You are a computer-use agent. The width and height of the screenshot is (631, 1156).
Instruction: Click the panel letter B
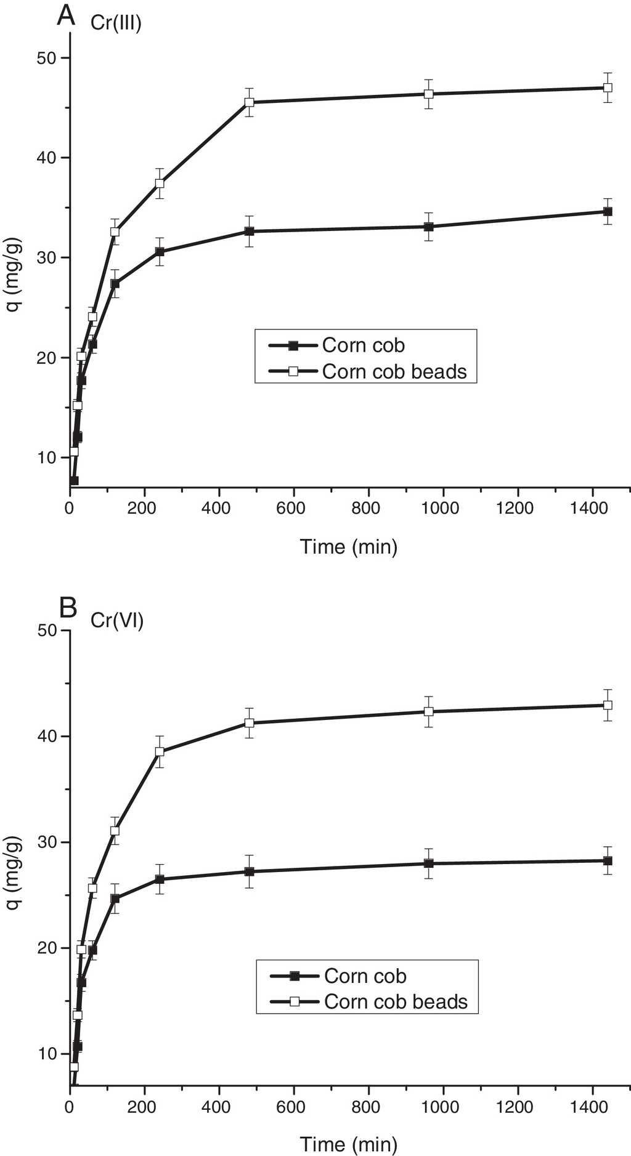[67, 608]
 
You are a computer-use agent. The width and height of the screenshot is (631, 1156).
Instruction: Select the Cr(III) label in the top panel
[118, 25]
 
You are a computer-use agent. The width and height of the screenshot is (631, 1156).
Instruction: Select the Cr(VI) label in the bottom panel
[117, 620]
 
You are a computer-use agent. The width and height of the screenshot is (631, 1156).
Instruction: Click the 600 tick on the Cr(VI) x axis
[293, 1105]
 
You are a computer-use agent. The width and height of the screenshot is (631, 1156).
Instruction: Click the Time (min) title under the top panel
[349, 546]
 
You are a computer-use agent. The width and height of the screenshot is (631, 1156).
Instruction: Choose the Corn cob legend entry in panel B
[365, 976]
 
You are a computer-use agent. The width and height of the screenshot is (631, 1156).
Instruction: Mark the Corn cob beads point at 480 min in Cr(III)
[249, 102]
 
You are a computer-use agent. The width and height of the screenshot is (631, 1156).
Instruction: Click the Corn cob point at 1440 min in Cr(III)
[607, 212]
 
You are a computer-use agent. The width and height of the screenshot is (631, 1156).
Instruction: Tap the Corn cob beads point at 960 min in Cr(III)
[428, 94]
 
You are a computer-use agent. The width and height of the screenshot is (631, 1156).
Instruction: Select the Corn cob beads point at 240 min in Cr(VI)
[160, 751]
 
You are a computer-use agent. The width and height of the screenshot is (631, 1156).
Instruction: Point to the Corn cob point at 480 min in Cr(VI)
[249, 871]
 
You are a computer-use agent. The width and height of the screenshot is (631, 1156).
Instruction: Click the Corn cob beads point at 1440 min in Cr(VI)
[607, 705]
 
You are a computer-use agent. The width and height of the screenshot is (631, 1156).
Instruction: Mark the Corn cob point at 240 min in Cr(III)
[160, 252]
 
